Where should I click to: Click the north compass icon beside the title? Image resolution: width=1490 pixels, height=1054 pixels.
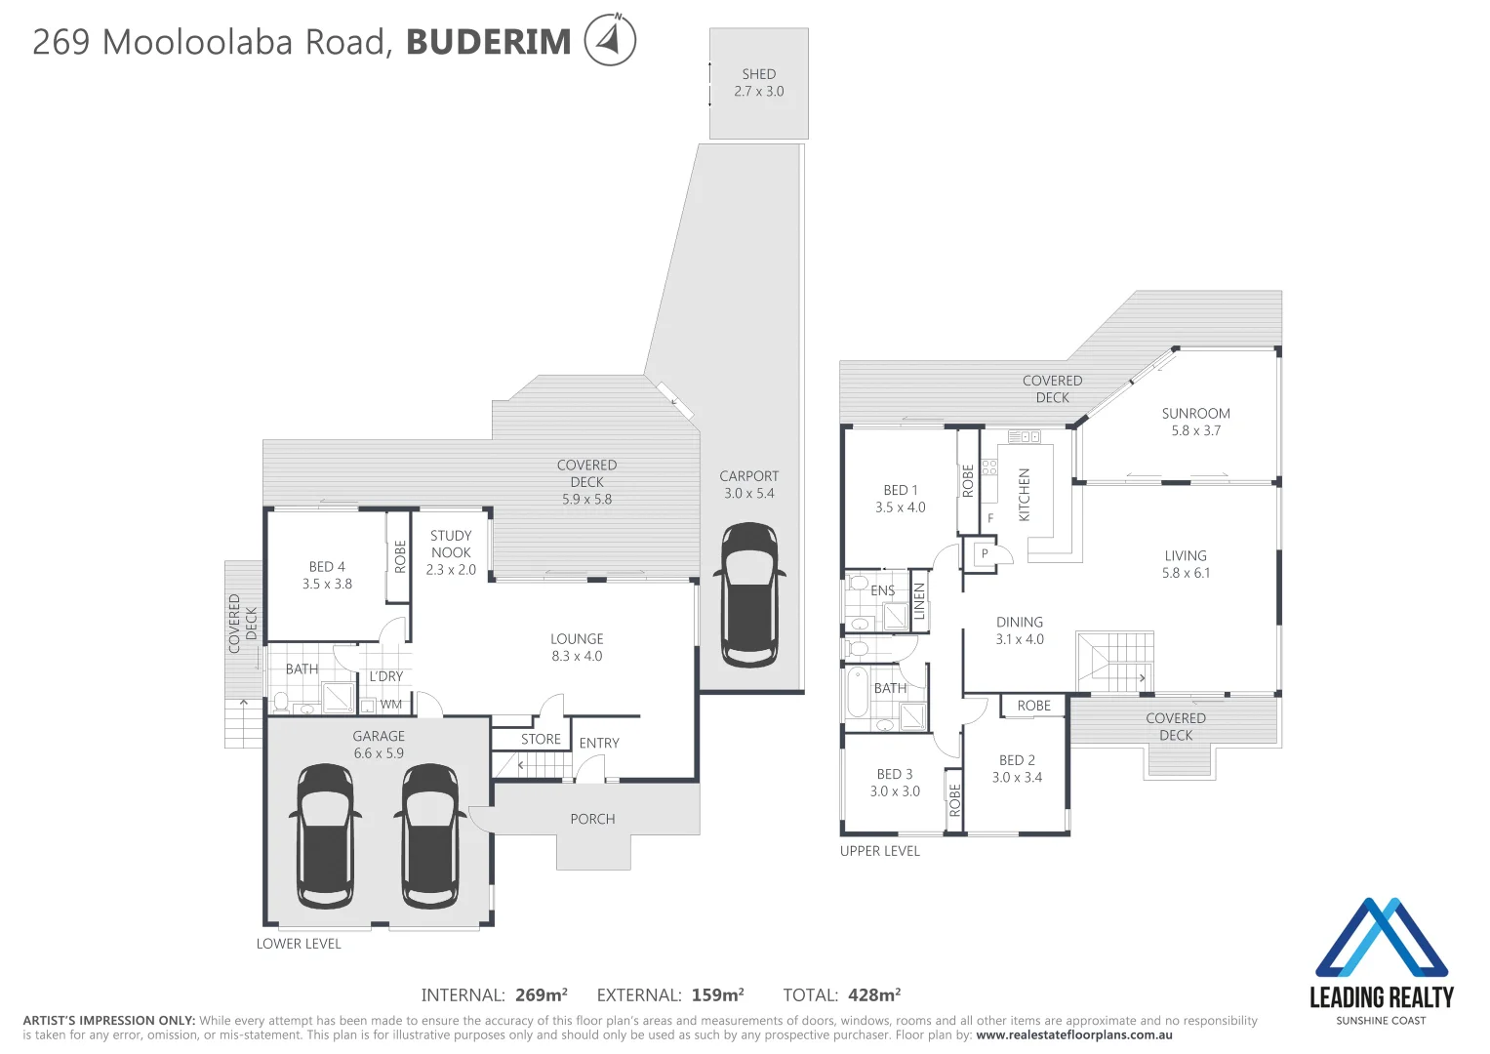(610, 40)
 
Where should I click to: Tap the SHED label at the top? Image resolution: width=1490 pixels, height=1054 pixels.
(758, 74)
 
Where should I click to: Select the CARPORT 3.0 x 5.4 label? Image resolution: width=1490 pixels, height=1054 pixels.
(748, 485)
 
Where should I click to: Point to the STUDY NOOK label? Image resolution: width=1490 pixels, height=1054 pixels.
(451, 552)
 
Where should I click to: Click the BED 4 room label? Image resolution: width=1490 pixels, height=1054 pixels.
(327, 575)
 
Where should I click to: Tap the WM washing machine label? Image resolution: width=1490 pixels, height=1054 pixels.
(391, 705)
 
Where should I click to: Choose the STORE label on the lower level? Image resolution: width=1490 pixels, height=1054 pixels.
(541, 740)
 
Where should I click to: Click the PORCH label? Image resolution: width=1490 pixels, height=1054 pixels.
(592, 820)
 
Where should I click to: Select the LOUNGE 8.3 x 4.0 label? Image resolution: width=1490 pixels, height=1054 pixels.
(577, 648)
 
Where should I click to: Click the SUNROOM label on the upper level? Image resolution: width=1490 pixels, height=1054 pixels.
(1195, 422)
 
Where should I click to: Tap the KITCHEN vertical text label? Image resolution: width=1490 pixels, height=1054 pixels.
(1025, 495)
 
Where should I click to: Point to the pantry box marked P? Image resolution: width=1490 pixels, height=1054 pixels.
(985, 554)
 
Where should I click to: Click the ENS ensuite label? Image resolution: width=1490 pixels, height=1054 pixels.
(882, 591)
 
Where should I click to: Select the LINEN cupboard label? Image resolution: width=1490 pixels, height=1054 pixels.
(918, 601)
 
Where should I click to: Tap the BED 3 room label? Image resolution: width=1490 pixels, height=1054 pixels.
(895, 783)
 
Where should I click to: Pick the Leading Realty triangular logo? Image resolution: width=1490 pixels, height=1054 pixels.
(1381, 938)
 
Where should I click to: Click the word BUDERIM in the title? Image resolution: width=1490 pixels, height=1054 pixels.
(488, 42)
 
